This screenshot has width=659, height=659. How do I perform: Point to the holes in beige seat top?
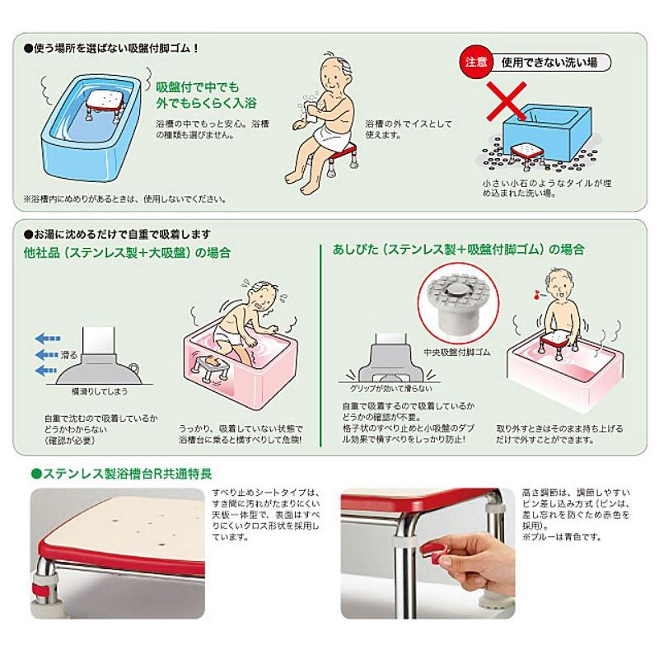(x=135, y=528)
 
